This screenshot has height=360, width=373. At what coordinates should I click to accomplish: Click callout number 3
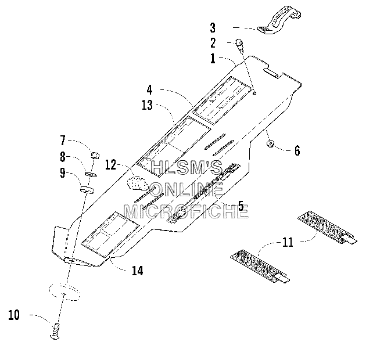[x=213, y=28]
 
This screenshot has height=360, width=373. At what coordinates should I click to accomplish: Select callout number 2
[x=213, y=43]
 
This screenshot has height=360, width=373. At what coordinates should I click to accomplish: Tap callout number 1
[x=213, y=59]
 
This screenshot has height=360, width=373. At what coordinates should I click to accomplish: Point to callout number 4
[x=149, y=89]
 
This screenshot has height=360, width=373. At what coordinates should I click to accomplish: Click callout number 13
[x=147, y=105]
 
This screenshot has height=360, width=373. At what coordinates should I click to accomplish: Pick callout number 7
[x=63, y=141]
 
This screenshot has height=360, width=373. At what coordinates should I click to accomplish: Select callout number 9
[x=63, y=172]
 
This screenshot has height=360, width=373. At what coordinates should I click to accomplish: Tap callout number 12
[x=110, y=164]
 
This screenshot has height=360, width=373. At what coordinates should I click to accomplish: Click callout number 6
[x=297, y=150]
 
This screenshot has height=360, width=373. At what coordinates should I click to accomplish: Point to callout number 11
[x=288, y=242]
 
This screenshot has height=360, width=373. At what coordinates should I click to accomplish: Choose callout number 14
[x=138, y=271]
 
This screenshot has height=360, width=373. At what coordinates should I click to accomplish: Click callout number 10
[x=14, y=315]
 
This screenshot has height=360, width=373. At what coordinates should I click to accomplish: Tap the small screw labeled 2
[x=239, y=46]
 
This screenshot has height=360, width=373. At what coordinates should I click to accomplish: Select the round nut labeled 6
[x=270, y=143]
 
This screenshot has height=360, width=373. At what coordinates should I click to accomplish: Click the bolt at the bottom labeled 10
[x=55, y=331]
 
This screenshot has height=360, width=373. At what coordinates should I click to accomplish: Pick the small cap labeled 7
[x=95, y=155]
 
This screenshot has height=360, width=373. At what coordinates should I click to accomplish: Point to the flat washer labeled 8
[x=91, y=175]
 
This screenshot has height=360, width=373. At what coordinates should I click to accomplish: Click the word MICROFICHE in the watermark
[x=186, y=211]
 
